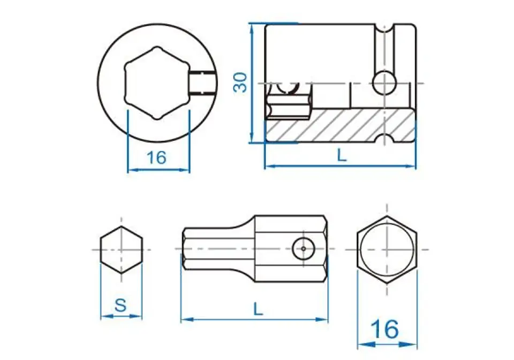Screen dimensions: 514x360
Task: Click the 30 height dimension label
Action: pos(240,82)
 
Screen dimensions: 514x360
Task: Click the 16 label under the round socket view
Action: pos(156,157)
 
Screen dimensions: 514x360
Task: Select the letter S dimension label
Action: pos(121,305)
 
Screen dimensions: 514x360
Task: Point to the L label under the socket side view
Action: pos(342,155)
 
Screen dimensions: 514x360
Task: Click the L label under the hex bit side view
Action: pos(258,309)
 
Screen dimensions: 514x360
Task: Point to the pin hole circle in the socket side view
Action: pos(385,82)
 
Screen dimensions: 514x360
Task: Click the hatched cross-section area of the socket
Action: pos(341,125)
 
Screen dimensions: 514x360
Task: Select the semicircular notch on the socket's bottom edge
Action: pos(385,138)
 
